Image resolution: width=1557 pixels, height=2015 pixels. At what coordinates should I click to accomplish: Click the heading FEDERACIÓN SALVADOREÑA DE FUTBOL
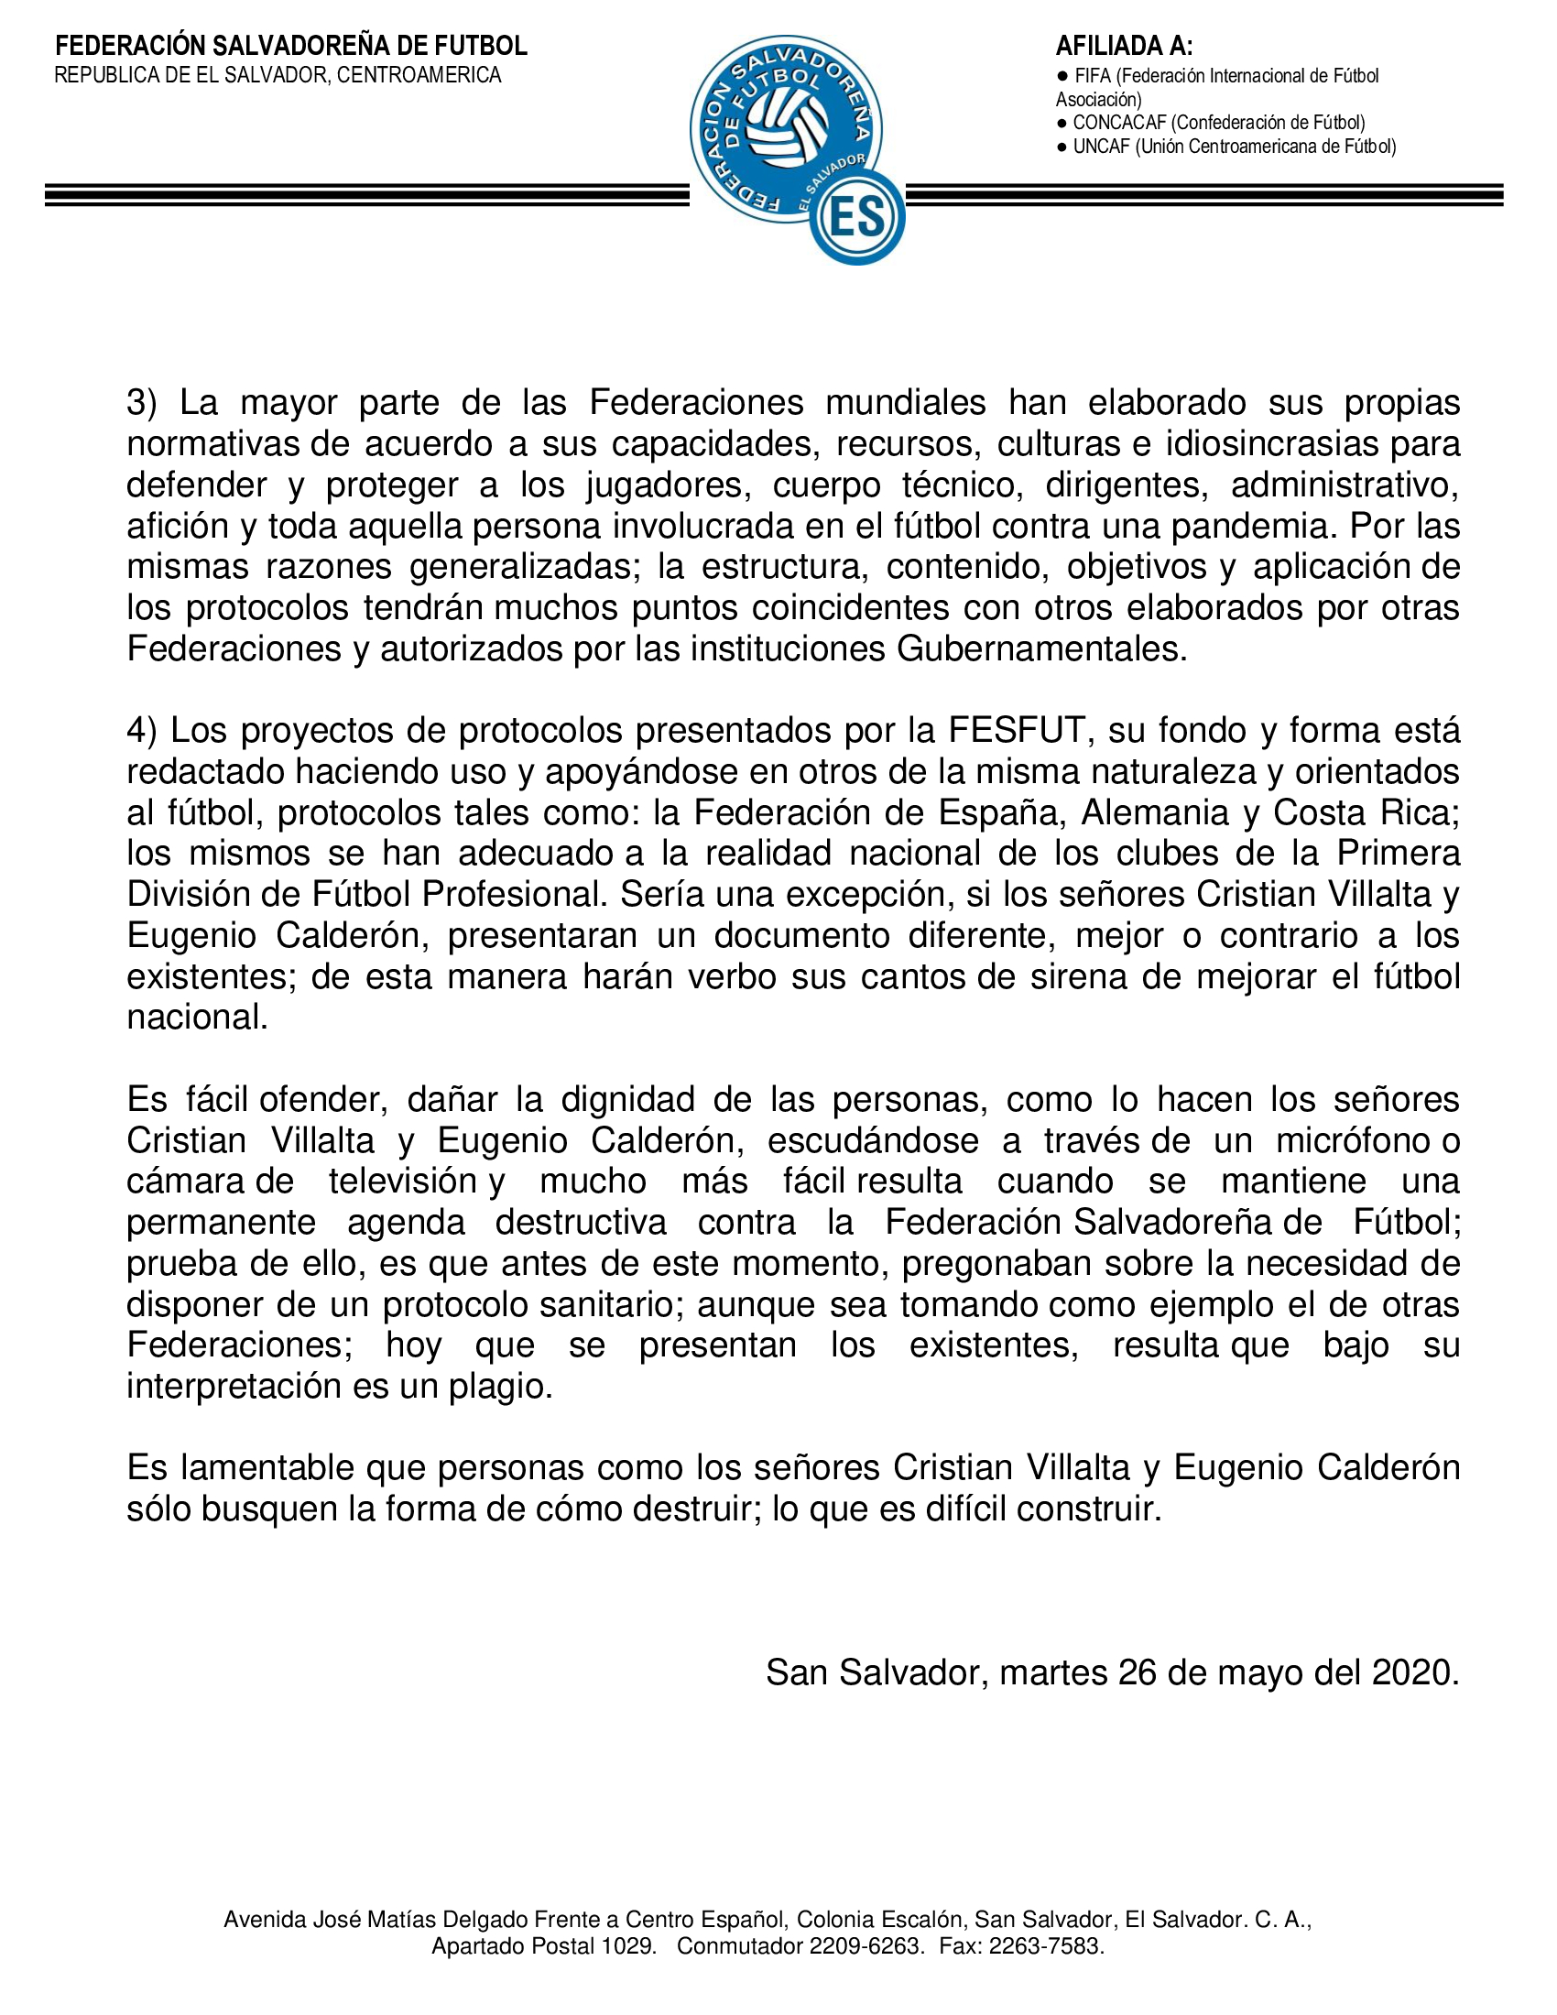(290, 46)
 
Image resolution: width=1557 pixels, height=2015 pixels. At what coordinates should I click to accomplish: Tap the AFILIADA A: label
(1124, 46)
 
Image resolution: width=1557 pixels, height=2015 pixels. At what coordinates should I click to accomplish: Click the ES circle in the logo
(857, 218)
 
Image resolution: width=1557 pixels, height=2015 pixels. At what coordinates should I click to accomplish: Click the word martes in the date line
(1053, 1672)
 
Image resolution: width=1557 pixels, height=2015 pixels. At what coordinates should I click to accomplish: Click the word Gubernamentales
(1040, 649)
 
